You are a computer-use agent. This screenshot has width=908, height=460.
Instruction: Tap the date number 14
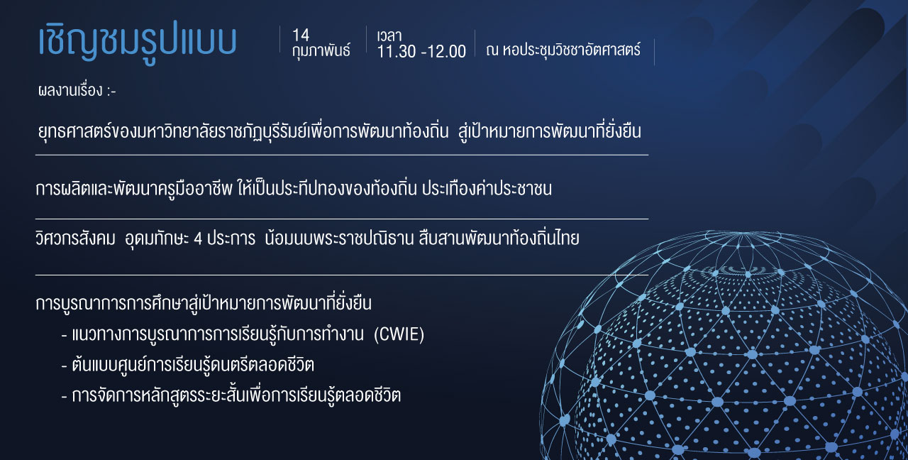click(301, 35)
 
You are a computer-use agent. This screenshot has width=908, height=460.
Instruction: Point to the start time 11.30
click(397, 52)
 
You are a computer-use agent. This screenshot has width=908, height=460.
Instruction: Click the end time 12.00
click(448, 52)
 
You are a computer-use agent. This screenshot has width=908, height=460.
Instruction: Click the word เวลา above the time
click(389, 36)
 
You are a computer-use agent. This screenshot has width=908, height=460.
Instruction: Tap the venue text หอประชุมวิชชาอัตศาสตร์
click(572, 50)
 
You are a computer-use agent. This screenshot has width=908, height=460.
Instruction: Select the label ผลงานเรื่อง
click(70, 90)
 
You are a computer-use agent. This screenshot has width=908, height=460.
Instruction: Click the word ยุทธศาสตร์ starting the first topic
click(74, 131)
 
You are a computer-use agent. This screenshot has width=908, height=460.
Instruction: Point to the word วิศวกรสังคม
click(75, 239)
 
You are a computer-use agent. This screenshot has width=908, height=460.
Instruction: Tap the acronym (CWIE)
click(399, 334)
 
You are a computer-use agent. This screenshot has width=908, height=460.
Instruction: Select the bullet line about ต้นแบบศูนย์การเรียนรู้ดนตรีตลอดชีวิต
click(188, 365)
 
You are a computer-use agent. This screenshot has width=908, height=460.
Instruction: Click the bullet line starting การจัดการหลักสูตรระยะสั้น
click(231, 395)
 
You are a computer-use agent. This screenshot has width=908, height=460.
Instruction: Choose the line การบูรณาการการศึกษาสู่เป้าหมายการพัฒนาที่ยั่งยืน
click(204, 303)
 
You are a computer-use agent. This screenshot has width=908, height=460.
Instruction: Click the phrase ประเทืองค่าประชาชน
click(487, 189)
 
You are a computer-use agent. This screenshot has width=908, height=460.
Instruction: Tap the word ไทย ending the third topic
click(568, 239)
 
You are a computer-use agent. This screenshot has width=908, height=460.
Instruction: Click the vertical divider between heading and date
click(279, 39)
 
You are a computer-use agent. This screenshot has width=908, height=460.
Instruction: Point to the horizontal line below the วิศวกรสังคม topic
click(342, 275)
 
